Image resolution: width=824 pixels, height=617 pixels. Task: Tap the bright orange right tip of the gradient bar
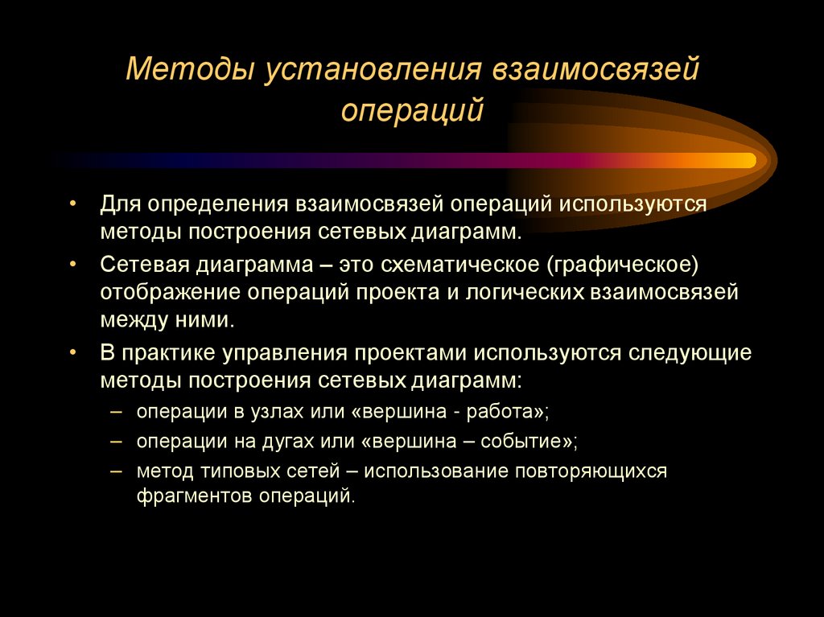745,160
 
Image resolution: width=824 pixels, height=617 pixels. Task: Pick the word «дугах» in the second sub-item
287,442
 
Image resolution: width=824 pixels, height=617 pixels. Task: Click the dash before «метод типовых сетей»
117,471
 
